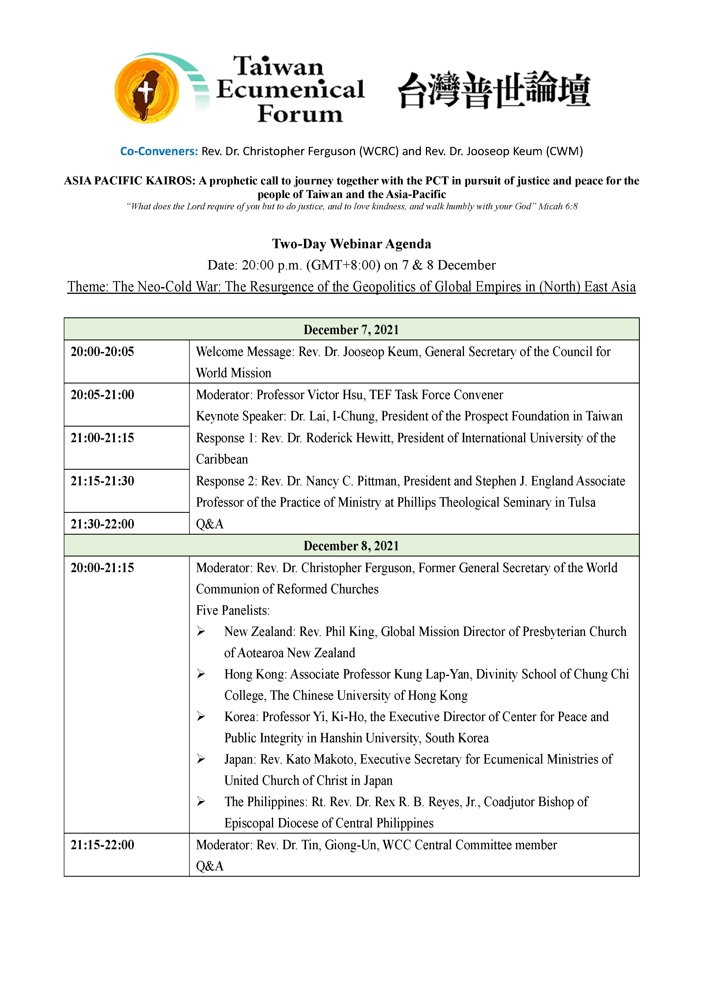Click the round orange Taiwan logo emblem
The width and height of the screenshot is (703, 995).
[x=146, y=90]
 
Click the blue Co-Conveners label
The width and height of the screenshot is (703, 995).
[x=159, y=151]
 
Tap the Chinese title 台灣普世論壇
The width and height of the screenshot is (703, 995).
[x=494, y=89]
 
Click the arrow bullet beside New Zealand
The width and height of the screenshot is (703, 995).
[x=201, y=631]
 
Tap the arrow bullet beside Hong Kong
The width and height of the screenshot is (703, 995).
[x=201, y=674]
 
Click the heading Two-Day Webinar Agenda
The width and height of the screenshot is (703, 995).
[x=351, y=244]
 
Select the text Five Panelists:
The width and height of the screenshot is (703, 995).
[x=233, y=610]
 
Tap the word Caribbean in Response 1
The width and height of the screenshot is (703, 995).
[x=222, y=459]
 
